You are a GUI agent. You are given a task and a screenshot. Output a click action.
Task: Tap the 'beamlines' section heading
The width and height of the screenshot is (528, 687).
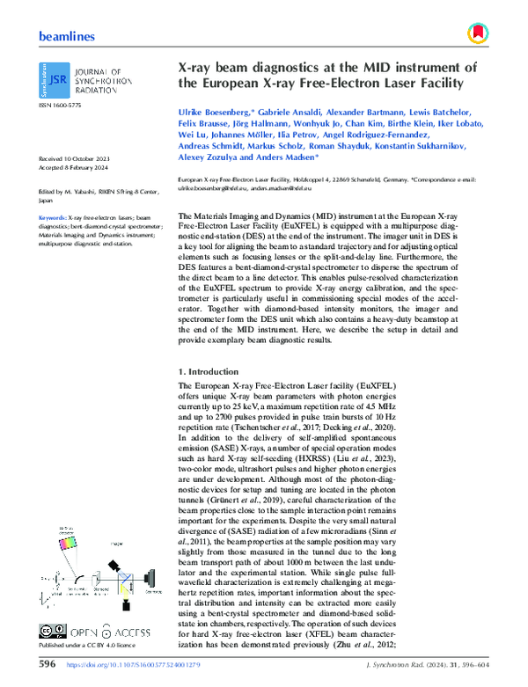coord(67,36)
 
